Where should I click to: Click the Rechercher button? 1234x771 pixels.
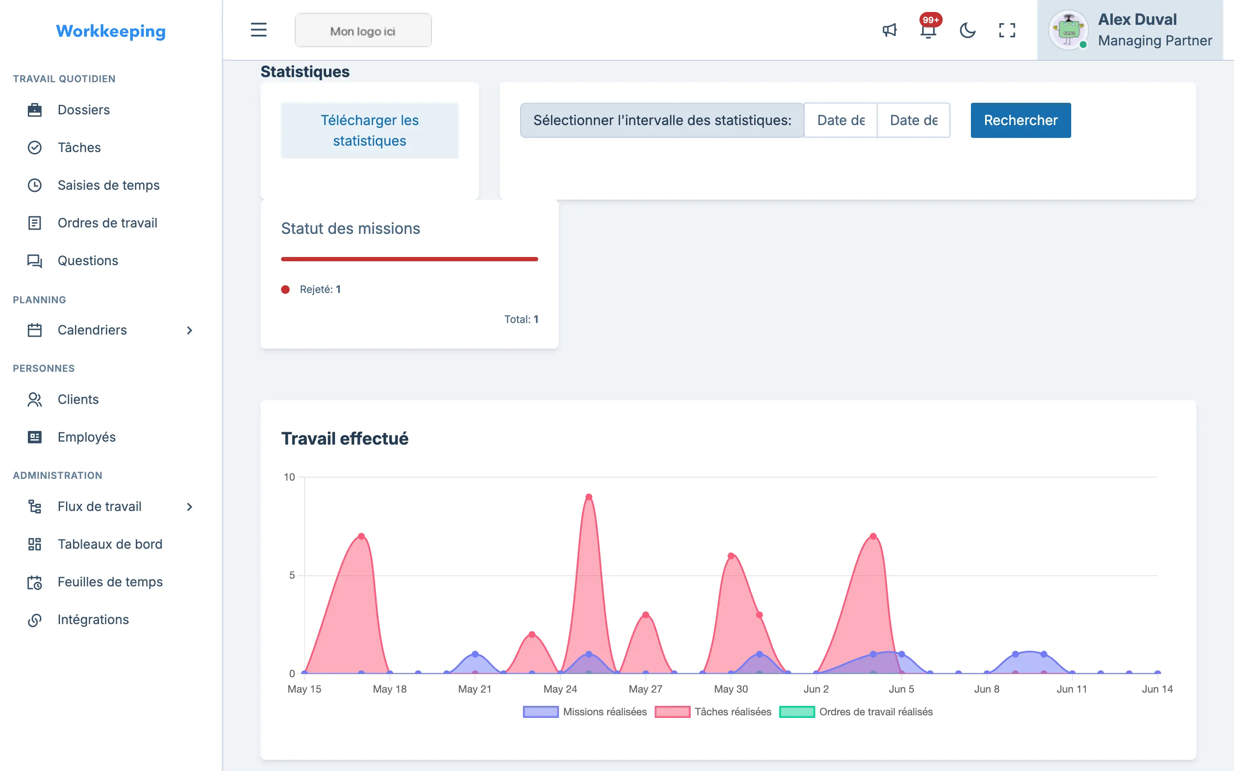[x=1020, y=120]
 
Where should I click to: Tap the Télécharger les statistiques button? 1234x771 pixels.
[x=370, y=131]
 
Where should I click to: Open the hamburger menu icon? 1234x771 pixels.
[x=258, y=30]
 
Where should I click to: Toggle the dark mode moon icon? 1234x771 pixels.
[x=967, y=30]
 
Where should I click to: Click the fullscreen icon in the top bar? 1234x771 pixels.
[x=1007, y=30]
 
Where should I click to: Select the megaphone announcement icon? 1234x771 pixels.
[x=890, y=30]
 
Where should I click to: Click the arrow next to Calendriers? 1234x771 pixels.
[x=190, y=330]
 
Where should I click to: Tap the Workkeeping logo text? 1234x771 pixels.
[x=111, y=31]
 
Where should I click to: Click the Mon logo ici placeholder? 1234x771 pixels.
[x=363, y=30]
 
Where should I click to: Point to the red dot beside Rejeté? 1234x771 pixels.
[x=285, y=290]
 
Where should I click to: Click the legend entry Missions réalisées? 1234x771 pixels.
[x=585, y=712]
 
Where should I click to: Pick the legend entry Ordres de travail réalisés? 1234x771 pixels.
[x=856, y=712]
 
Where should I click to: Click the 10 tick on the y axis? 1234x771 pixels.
[x=289, y=477]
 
